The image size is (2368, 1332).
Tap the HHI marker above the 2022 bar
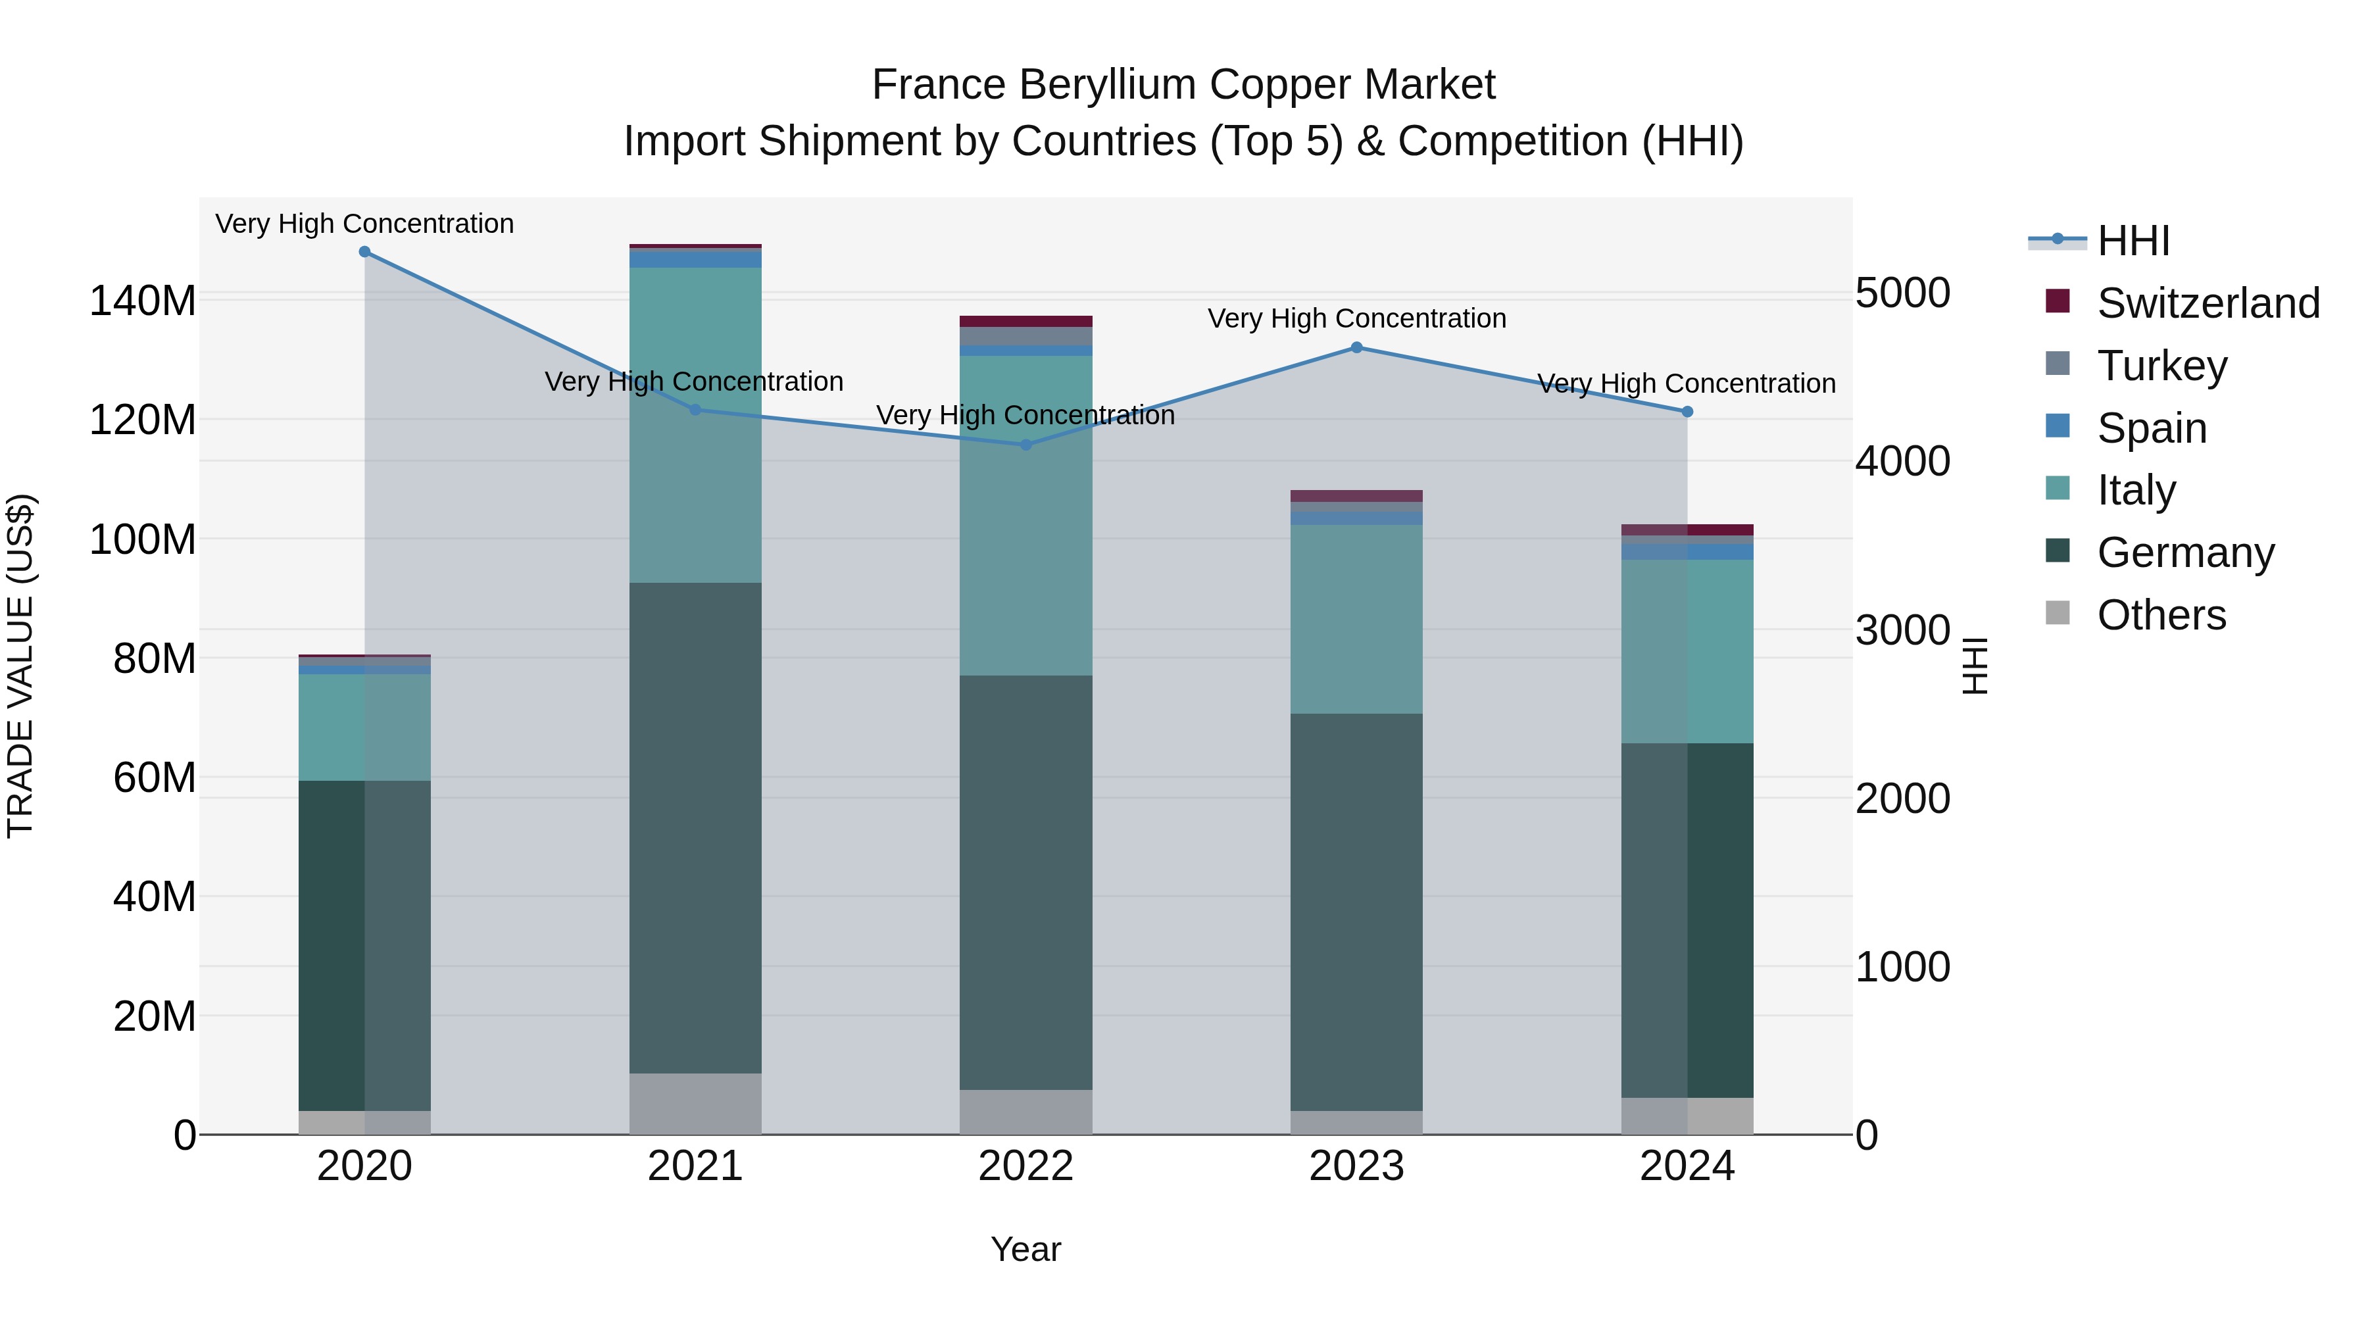click(1026, 445)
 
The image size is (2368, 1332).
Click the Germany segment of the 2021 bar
click(695, 827)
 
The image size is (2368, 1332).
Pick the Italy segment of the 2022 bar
click(1026, 515)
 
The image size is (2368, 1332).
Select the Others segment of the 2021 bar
click(695, 1103)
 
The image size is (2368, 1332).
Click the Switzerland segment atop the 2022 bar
click(1026, 322)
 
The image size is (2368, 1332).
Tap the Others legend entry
click(2160, 615)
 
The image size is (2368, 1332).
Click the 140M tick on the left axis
click(143, 301)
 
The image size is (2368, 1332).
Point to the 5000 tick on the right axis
click(1902, 293)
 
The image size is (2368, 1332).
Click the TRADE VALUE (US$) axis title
click(20, 666)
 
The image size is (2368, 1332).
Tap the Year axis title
click(1026, 1249)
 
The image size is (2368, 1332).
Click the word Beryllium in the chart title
click(1112, 85)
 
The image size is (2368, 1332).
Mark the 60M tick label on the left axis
click(155, 777)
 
